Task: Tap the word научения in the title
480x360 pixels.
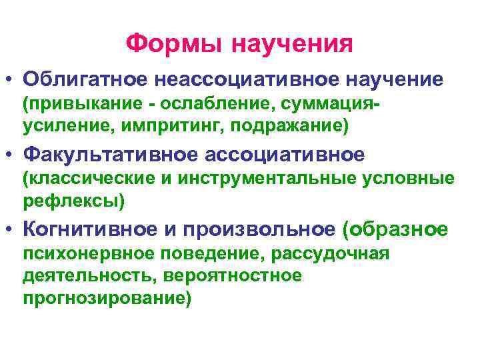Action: point(292,44)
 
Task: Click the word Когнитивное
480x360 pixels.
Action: point(89,229)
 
